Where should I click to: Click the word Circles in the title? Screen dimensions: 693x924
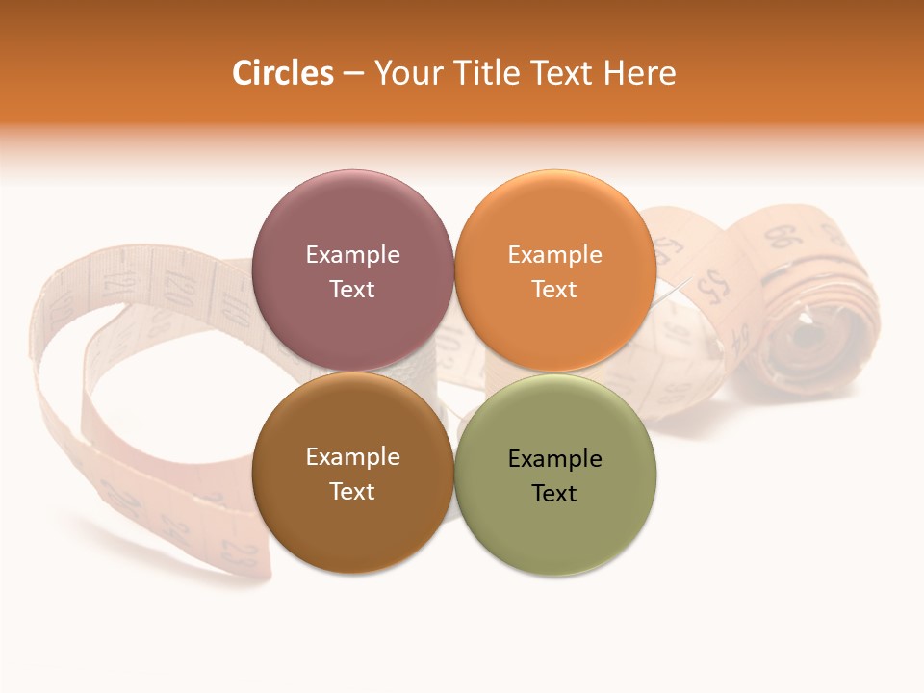(283, 73)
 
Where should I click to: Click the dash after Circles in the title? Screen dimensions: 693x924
(353, 74)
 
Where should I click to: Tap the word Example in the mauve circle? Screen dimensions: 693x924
(352, 254)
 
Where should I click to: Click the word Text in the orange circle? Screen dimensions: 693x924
(554, 289)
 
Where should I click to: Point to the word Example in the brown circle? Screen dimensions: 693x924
(352, 456)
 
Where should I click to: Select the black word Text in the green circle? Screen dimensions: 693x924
(554, 493)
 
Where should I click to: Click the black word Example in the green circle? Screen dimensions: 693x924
(554, 458)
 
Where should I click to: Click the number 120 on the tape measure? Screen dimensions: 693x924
(179, 286)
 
